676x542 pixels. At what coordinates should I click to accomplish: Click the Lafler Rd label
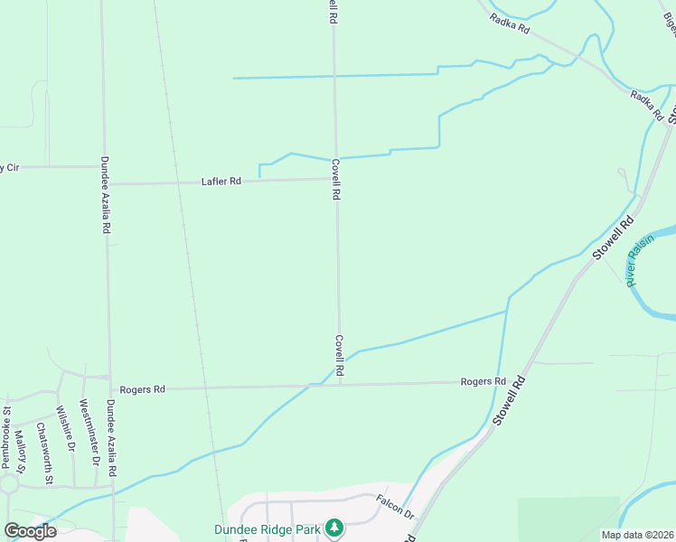tap(221, 182)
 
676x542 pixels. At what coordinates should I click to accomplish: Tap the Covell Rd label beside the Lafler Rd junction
tap(335, 180)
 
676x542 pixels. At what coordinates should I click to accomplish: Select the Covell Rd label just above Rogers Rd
tap(340, 356)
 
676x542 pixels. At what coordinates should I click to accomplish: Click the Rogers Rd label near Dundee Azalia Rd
tap(146, 389)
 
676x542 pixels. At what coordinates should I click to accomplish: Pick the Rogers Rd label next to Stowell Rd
tap(482, 382)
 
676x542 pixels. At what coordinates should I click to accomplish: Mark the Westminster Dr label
tap(89, 433)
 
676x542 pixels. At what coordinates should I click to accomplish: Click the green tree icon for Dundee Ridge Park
tap(334, 527)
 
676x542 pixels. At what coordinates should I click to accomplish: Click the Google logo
tap(30, 531)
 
